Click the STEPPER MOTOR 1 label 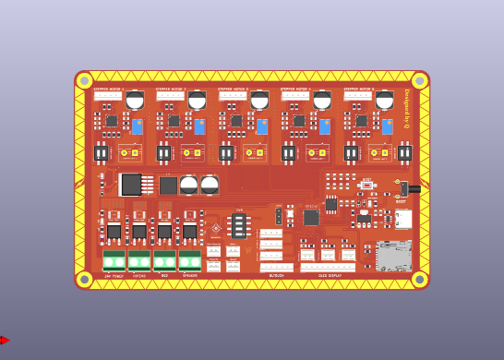(x=108, y=90)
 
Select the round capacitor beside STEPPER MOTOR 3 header (x=259, y=99)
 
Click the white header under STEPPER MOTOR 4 (x=294, y=96)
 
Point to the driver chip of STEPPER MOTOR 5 (x=361, y=121)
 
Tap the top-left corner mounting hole (x=84, y=80)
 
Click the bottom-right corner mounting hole (x=419, y=279)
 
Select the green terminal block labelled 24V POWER (x=114, y=261)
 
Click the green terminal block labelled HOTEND (x=139, y=261)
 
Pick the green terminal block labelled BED (x=164, y=261)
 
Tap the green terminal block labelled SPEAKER (x=189, y=261)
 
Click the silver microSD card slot (x=393, y=256)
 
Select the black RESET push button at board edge (x=405, y=189)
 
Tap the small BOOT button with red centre (x=366, y=186)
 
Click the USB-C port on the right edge (x=403, y=219)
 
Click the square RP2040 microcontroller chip (x=311, y=217)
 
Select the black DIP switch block (x=239, y=225)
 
